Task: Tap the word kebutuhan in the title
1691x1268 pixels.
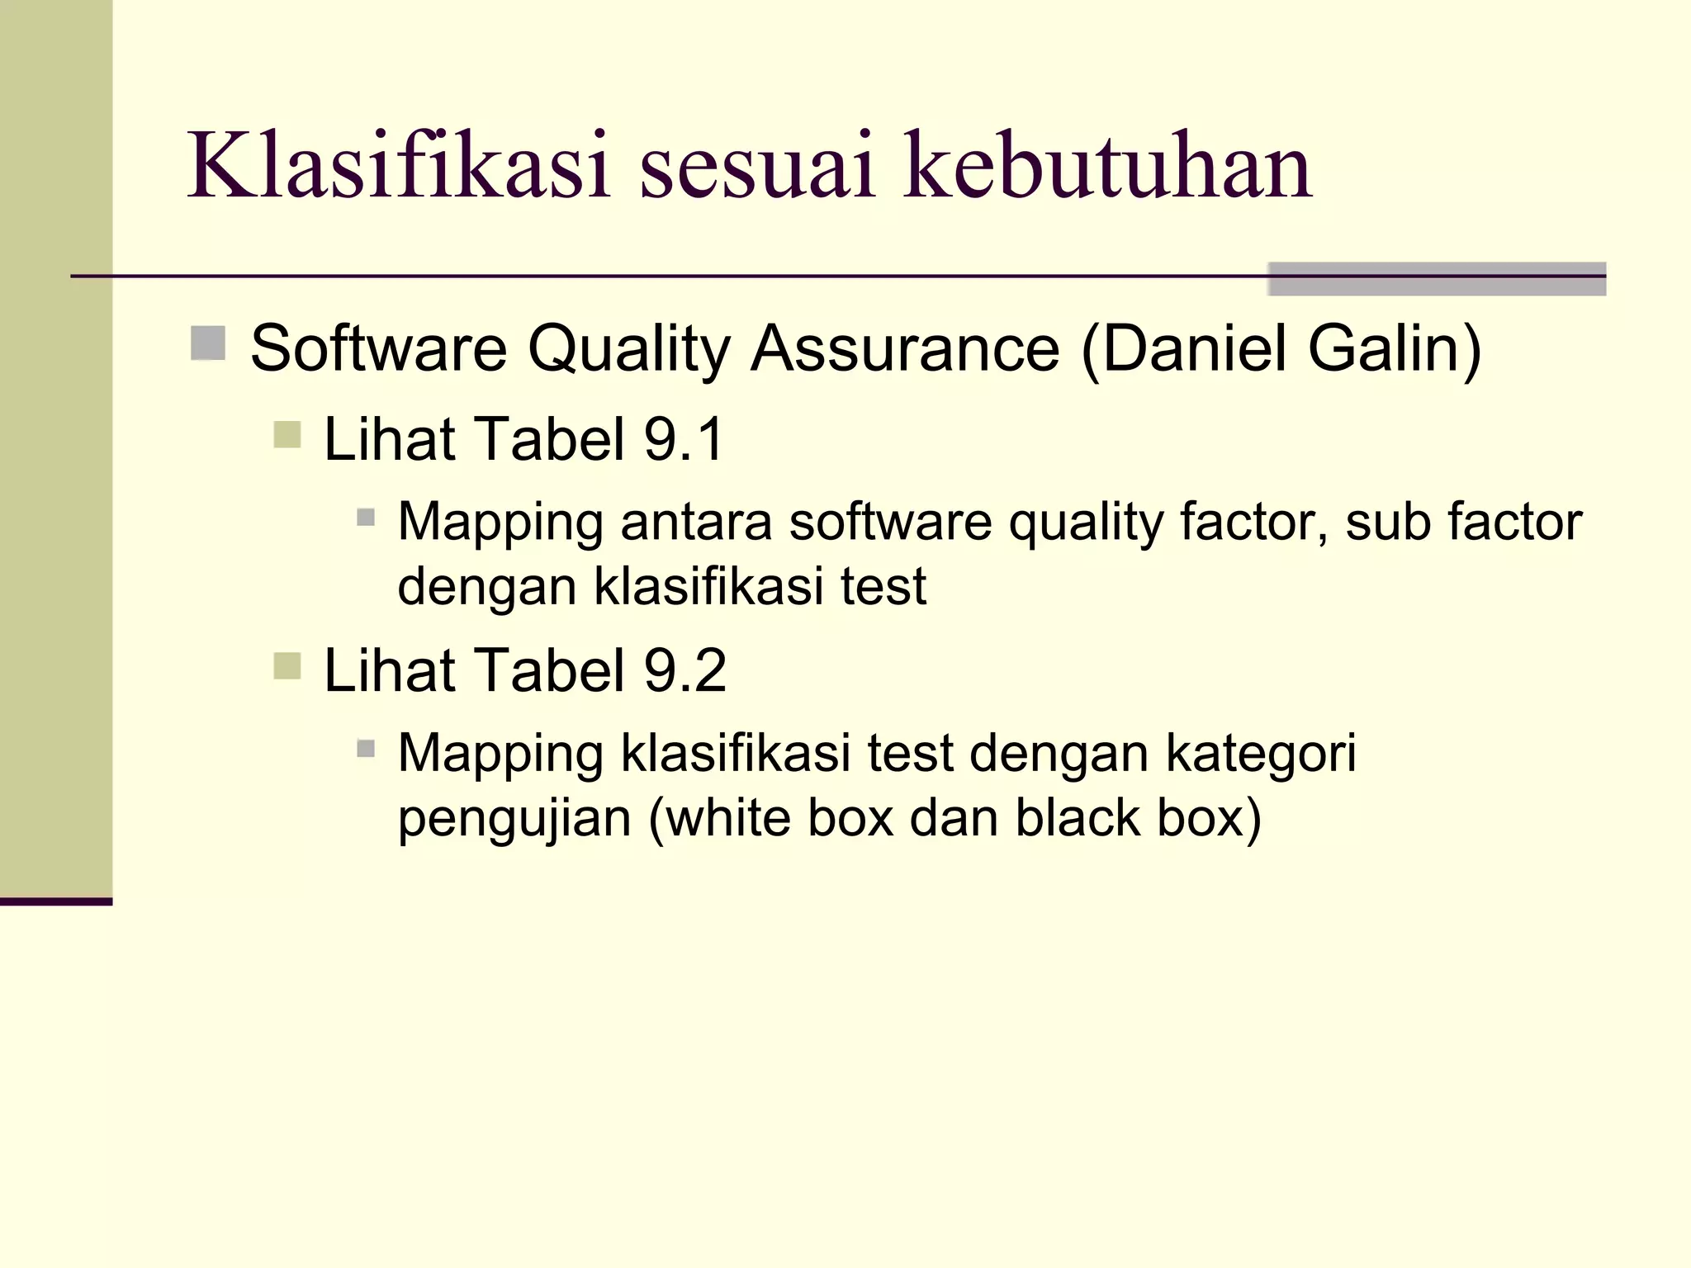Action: tap(1107, 167)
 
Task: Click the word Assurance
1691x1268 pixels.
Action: tap(905, 348)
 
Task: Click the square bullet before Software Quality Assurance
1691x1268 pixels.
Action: tap(208, 343)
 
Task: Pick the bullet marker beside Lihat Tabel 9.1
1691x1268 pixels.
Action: tap(287, 433)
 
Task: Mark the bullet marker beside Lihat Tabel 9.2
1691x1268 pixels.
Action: tap(287, 665)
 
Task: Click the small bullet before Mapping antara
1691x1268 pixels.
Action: tap(366, 518)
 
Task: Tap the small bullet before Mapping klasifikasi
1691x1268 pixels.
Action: tap(366, 749)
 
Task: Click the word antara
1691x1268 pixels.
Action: tap(696, 523)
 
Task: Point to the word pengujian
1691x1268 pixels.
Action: tap(514, 818)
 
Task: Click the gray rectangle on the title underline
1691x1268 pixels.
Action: tap(1436, 278)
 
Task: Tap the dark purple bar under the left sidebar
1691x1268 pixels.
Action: tap(55, 901)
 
